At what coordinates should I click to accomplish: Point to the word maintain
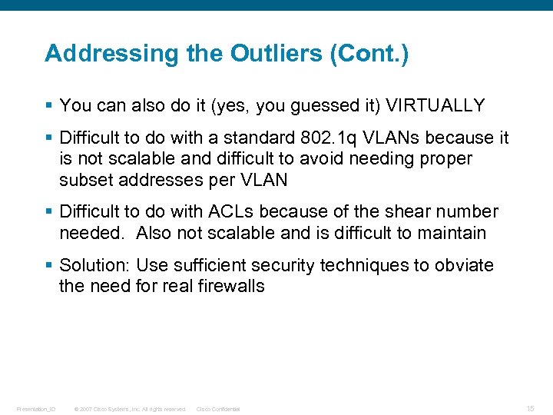point(452,232)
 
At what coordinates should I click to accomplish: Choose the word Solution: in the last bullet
point(95,265)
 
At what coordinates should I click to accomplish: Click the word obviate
point(465,265)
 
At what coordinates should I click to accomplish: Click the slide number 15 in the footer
point(531,408)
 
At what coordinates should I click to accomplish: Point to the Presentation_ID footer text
point(36,409)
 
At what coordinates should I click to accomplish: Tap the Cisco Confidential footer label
point(218,409)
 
